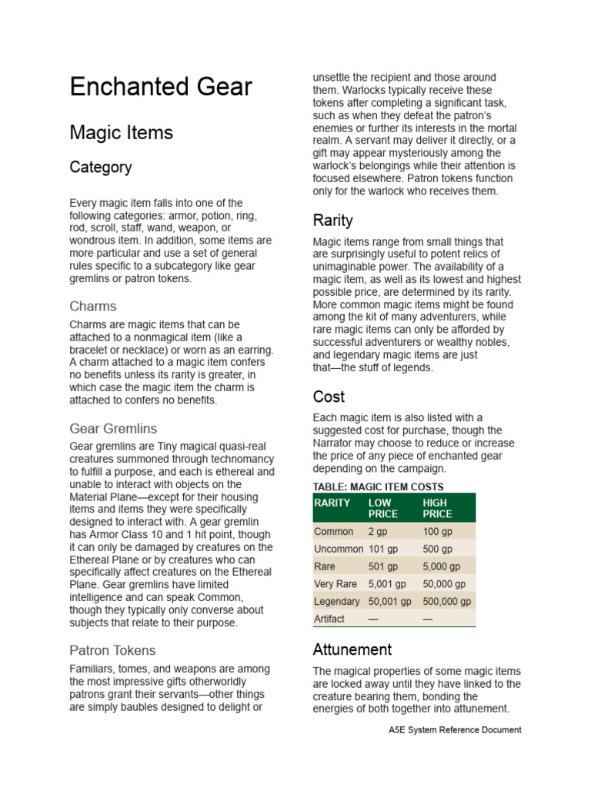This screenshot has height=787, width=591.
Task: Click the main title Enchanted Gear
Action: (161, 87)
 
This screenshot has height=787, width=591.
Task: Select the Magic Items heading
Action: (121, 132)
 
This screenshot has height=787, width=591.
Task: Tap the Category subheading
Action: (101, 167)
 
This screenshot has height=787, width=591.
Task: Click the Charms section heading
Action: (93, 306)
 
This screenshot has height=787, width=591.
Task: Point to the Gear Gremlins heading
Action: (113, 428)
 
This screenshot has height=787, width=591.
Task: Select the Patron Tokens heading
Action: (112, 650)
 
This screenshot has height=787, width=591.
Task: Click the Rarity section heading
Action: (332, 221)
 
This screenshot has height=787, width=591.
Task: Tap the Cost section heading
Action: (329, 397)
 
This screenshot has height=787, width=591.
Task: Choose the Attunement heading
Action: (352, 649)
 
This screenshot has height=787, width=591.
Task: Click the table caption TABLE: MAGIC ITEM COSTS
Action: (378, 486)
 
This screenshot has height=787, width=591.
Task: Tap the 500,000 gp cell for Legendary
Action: (447, 601)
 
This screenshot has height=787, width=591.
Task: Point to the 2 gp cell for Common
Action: (377, 531)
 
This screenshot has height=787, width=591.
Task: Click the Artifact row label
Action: (329, 619)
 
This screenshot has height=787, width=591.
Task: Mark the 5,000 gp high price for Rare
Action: (442, 566)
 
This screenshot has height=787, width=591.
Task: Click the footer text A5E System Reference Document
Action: (455, 729)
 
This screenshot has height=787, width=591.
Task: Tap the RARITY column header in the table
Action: (332, 503)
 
